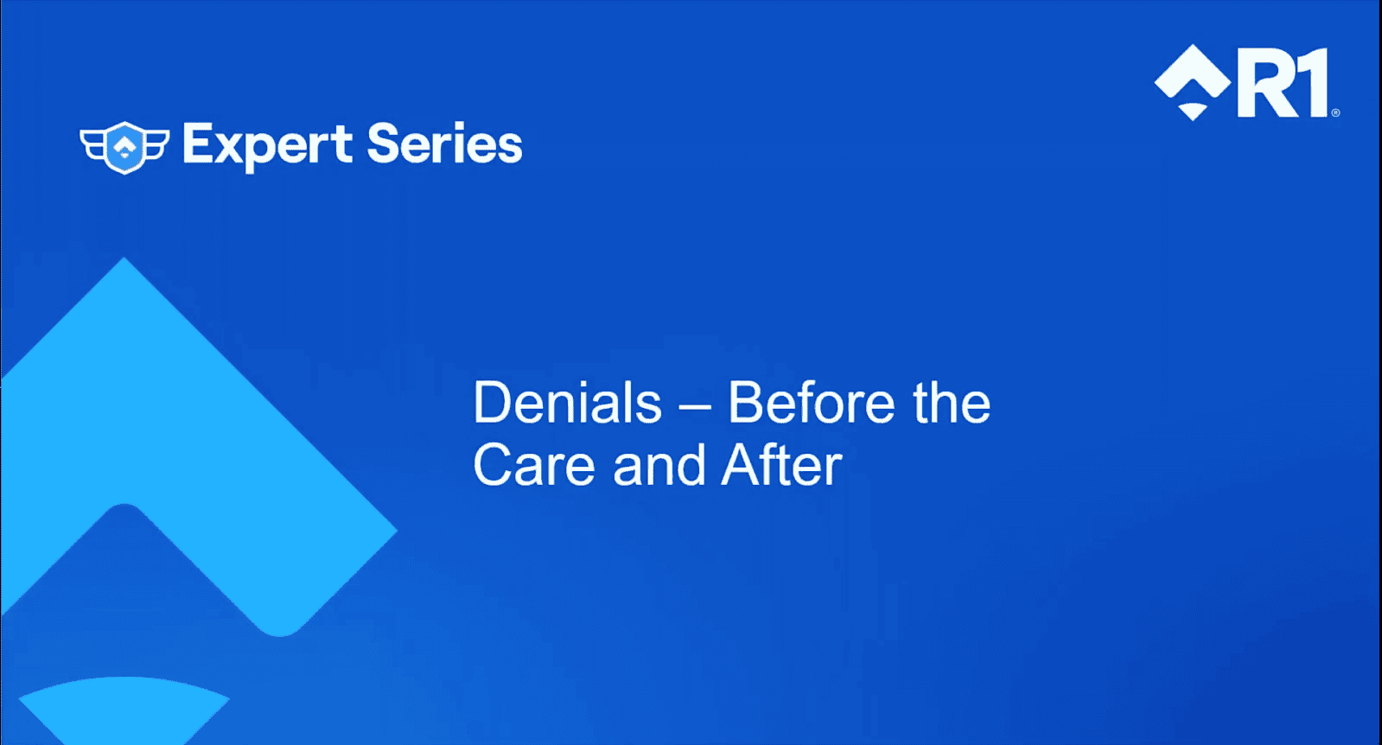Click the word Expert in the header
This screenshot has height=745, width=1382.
tap(266, 144)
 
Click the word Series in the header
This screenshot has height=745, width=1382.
tap(444, 143)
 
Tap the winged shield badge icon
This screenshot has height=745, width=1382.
tap(125, 147)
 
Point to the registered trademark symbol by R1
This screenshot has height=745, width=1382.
tap(1335, 112)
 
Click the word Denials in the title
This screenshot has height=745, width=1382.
tap(567, 404)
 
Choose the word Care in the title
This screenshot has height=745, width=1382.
tap(533, 466)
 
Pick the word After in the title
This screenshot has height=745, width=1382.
tap(781, 466)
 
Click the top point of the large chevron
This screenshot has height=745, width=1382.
tap(124, 261)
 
